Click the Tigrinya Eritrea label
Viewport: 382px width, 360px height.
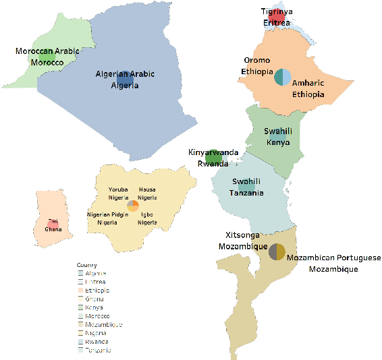point(276,17)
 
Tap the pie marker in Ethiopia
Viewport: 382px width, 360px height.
point(282,77)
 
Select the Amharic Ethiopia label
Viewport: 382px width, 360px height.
point(308,89)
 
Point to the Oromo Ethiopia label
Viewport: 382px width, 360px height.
point(257,66)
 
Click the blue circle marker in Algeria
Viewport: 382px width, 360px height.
point(126,82)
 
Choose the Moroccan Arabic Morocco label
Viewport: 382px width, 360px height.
point(47,57)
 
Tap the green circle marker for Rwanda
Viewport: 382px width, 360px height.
point(214,157)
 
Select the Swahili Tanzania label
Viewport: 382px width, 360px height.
point(248,187)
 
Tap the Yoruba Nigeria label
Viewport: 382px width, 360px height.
point(119,193)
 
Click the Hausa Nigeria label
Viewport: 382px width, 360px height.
point(147,193)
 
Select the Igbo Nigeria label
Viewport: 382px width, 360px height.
point(147,218)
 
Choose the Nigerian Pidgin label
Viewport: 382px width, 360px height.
point(107,218)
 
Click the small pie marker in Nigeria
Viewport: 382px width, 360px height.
point(133,206)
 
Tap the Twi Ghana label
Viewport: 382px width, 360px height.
point(53,225)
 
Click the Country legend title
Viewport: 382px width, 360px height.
point(86,265)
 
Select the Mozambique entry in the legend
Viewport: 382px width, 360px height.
point(92,324)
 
